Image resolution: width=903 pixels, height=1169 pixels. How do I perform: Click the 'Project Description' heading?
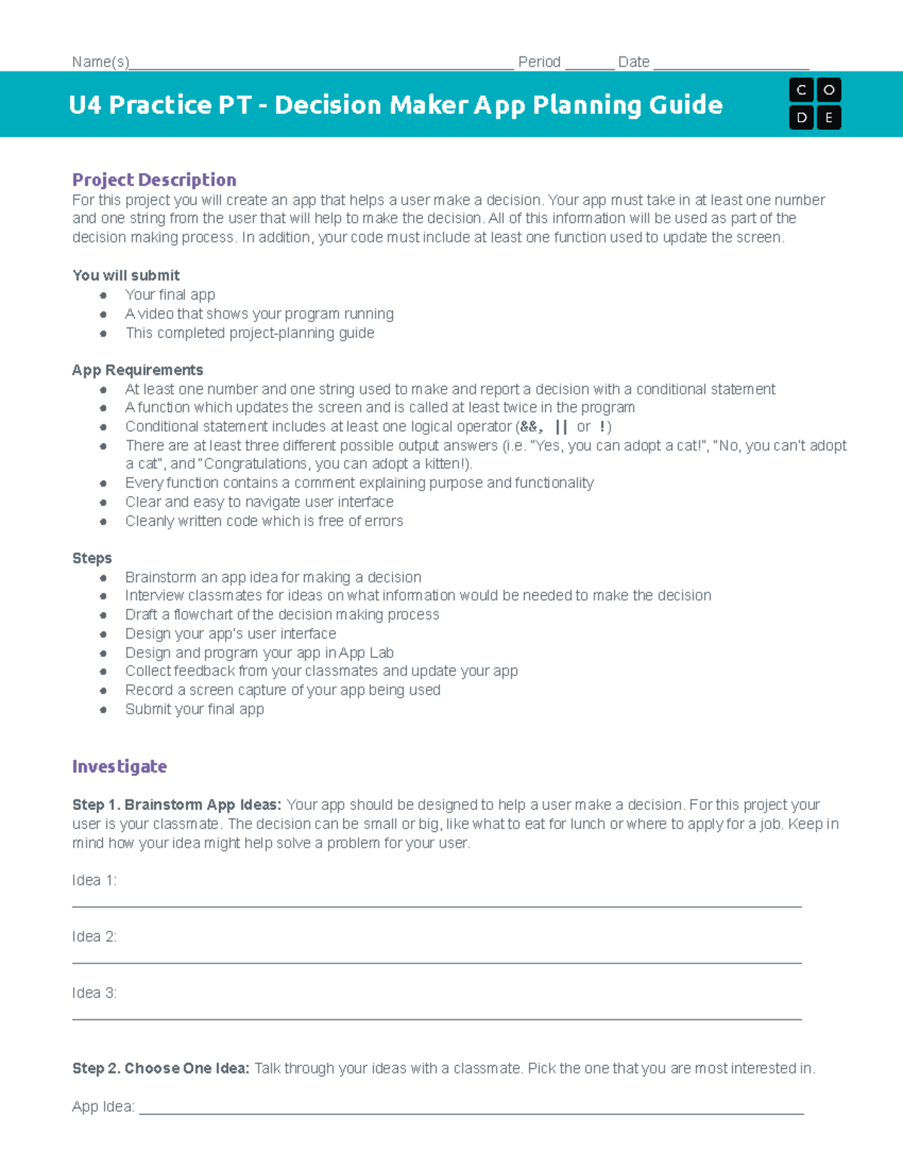(154, 180)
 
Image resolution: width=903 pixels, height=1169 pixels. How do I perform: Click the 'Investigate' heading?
(119, 766)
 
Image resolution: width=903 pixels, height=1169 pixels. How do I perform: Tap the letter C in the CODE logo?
(801, 90)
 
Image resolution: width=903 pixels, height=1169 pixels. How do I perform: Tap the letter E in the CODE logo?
(829, 117)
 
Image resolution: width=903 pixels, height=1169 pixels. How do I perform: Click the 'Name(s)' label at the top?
(100, 62)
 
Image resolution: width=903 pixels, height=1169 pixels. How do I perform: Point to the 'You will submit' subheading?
(126, 276)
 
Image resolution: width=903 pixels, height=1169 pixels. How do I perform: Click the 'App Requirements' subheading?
(137, 370)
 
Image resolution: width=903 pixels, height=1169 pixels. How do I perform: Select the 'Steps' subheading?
(92, 559)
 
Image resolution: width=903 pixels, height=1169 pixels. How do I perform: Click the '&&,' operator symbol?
(531, 427)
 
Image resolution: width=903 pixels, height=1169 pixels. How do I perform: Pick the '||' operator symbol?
(561, 427)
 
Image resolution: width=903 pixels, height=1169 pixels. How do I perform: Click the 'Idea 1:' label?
(94, 881)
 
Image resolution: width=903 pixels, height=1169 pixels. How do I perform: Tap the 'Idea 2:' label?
(94, 937)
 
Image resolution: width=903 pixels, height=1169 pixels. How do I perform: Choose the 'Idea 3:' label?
(94, 994)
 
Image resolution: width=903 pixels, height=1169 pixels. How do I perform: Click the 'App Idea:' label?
(103, 1107)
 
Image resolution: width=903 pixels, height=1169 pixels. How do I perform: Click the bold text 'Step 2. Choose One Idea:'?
(160, 1069)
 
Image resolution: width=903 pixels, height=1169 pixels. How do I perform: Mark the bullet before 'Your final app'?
(103, 295)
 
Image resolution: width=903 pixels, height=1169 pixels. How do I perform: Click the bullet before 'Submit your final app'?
(103, 710)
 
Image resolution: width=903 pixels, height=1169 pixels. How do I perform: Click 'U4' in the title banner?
(84, 105)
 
